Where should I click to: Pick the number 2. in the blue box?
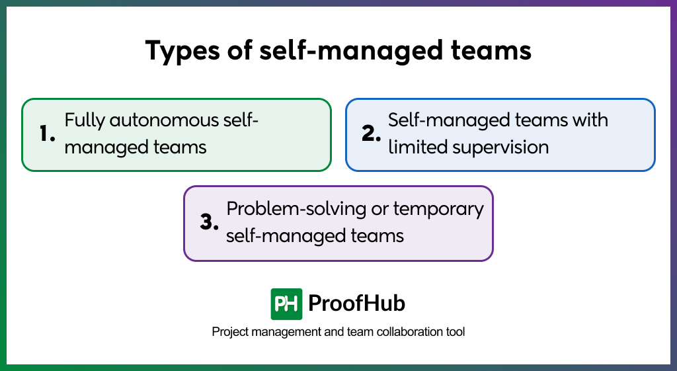[x=371, y=134]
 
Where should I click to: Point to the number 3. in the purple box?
[x=209, y=222]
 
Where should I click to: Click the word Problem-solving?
[x=296, y=209]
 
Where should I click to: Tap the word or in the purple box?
[x=379, y=210]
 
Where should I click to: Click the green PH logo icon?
[x=286, y=304]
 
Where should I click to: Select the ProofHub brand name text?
[x=357, y=304]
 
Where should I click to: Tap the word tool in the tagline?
[x=455, y=332]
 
